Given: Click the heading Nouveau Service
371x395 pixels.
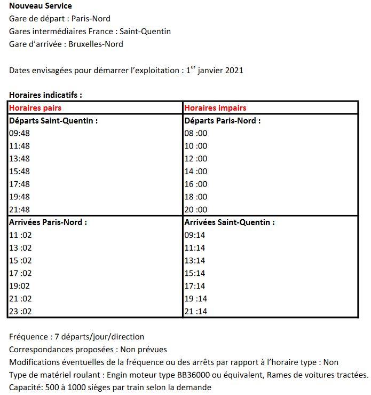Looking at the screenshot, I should click(41, 6).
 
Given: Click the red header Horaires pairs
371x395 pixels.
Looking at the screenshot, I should click(35, 108).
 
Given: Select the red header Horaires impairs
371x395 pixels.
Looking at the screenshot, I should click(215, 108).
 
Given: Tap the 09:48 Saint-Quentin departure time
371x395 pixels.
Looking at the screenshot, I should click(19, 133).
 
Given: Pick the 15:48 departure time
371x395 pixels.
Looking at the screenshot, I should click(19, 171).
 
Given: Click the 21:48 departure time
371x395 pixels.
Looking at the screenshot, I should click(19, 210).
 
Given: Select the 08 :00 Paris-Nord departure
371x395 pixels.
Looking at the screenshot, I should click(195, 133).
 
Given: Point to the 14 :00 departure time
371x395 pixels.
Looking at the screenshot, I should click(195, 171).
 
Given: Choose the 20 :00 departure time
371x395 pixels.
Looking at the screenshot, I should click(195, 210).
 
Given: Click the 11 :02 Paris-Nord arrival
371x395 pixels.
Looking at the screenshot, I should click(20, 235).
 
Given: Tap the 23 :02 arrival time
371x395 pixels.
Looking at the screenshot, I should click(20, 312).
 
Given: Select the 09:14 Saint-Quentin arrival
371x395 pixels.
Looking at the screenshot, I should click(194, 235).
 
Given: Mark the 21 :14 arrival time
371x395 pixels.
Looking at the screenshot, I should click(195, 312).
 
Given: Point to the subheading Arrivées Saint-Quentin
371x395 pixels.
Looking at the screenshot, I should click(230, 222).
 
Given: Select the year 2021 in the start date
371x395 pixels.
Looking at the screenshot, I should click(233, 70).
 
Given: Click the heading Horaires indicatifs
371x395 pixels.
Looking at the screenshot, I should click(45, 95).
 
